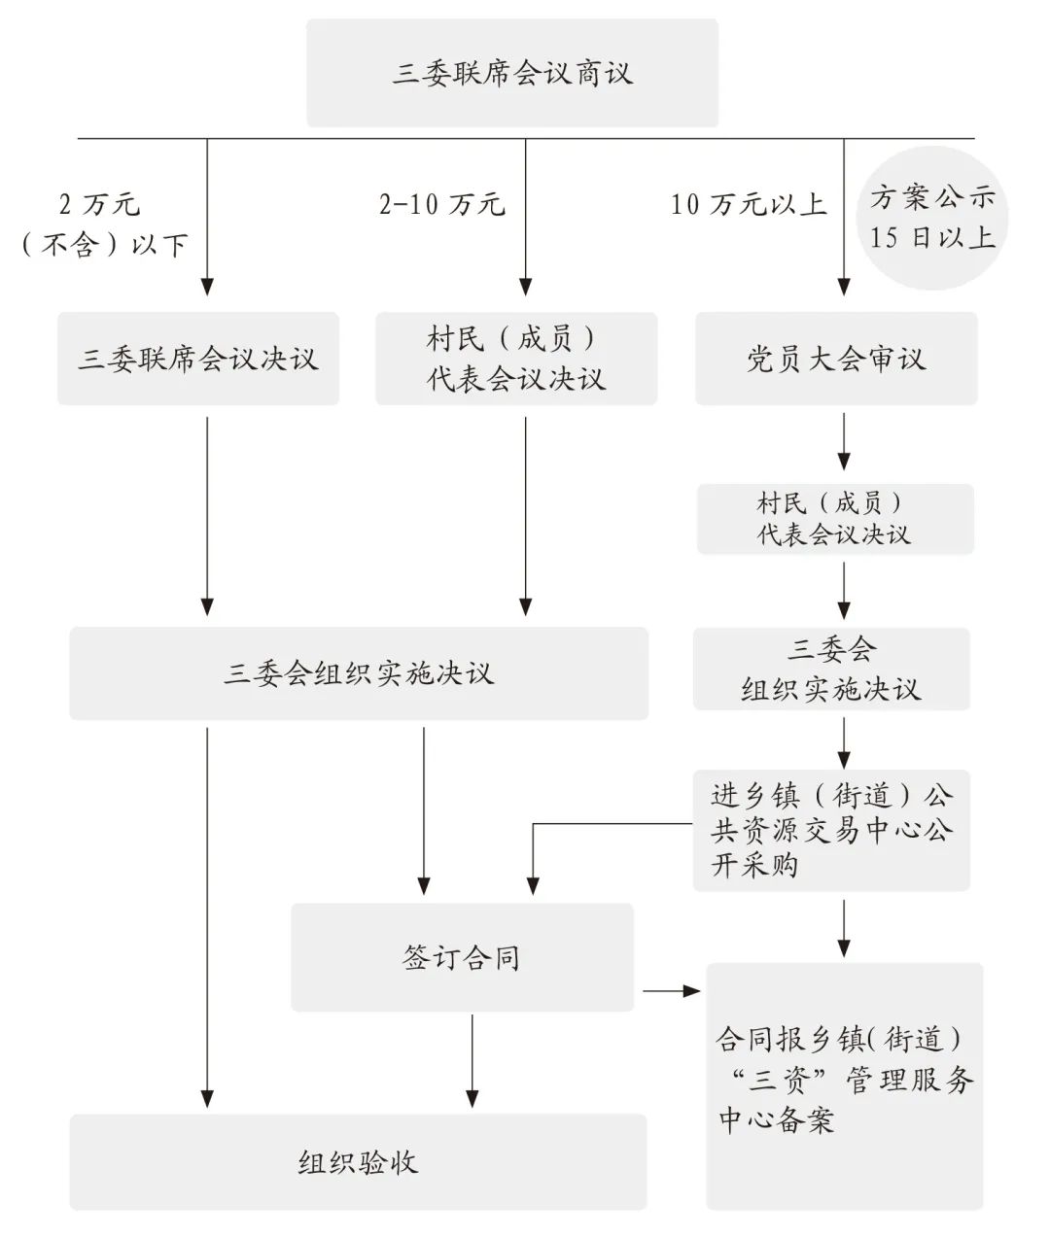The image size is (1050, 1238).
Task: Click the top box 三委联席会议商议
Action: (512, 73)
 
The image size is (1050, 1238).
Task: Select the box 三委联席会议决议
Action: (198, 359)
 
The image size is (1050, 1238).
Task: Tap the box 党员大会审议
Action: (837, 359)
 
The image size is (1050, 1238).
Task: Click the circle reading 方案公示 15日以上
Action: (932, 218)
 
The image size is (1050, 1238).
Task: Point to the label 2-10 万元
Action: (442, 204)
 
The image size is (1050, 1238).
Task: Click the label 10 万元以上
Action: (749, 204)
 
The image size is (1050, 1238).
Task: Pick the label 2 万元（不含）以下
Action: (105, 224)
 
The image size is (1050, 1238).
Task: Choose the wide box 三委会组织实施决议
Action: (359, 673)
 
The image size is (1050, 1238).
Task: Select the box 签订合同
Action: (462, 957)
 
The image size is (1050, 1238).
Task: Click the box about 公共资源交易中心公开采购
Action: (831, 830)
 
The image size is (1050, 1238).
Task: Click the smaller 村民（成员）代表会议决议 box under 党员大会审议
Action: (835, 519)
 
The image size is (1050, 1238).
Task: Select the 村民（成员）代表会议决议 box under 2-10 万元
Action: (516, 359)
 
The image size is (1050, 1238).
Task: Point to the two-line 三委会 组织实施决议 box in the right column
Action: (831, 669)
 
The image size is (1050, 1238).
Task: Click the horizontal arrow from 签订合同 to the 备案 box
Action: (671, 991)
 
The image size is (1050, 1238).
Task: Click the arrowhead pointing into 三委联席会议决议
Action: (207, 287)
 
